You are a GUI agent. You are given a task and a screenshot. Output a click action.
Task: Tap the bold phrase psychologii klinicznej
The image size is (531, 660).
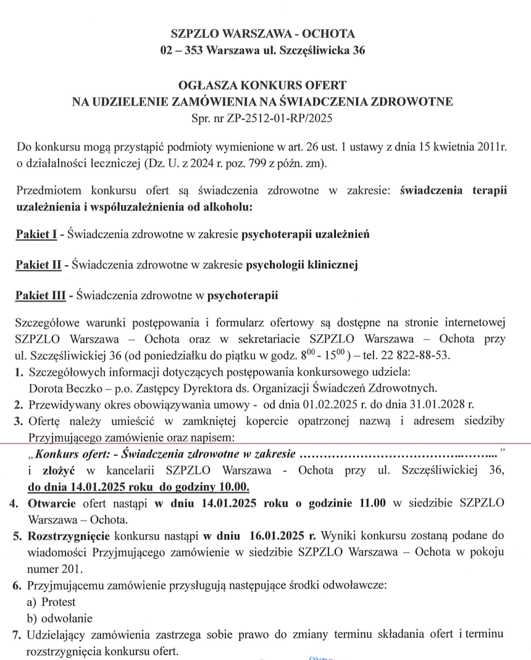[x=303, y=265]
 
